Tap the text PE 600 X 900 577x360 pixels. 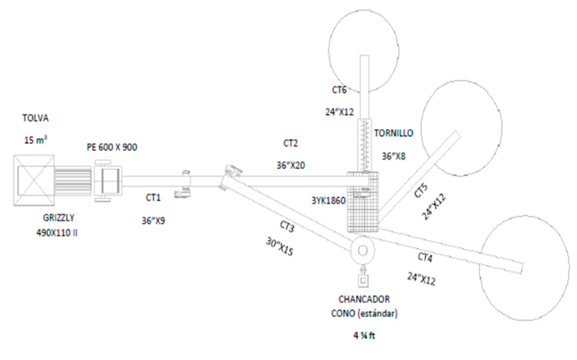(x=112, y=147)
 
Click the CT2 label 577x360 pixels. (x=291, y=143)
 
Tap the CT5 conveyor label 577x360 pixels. (x=421, y=189)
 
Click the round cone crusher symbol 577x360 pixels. (x=362, y=250)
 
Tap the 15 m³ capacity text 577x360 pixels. (x=34, y=140)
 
